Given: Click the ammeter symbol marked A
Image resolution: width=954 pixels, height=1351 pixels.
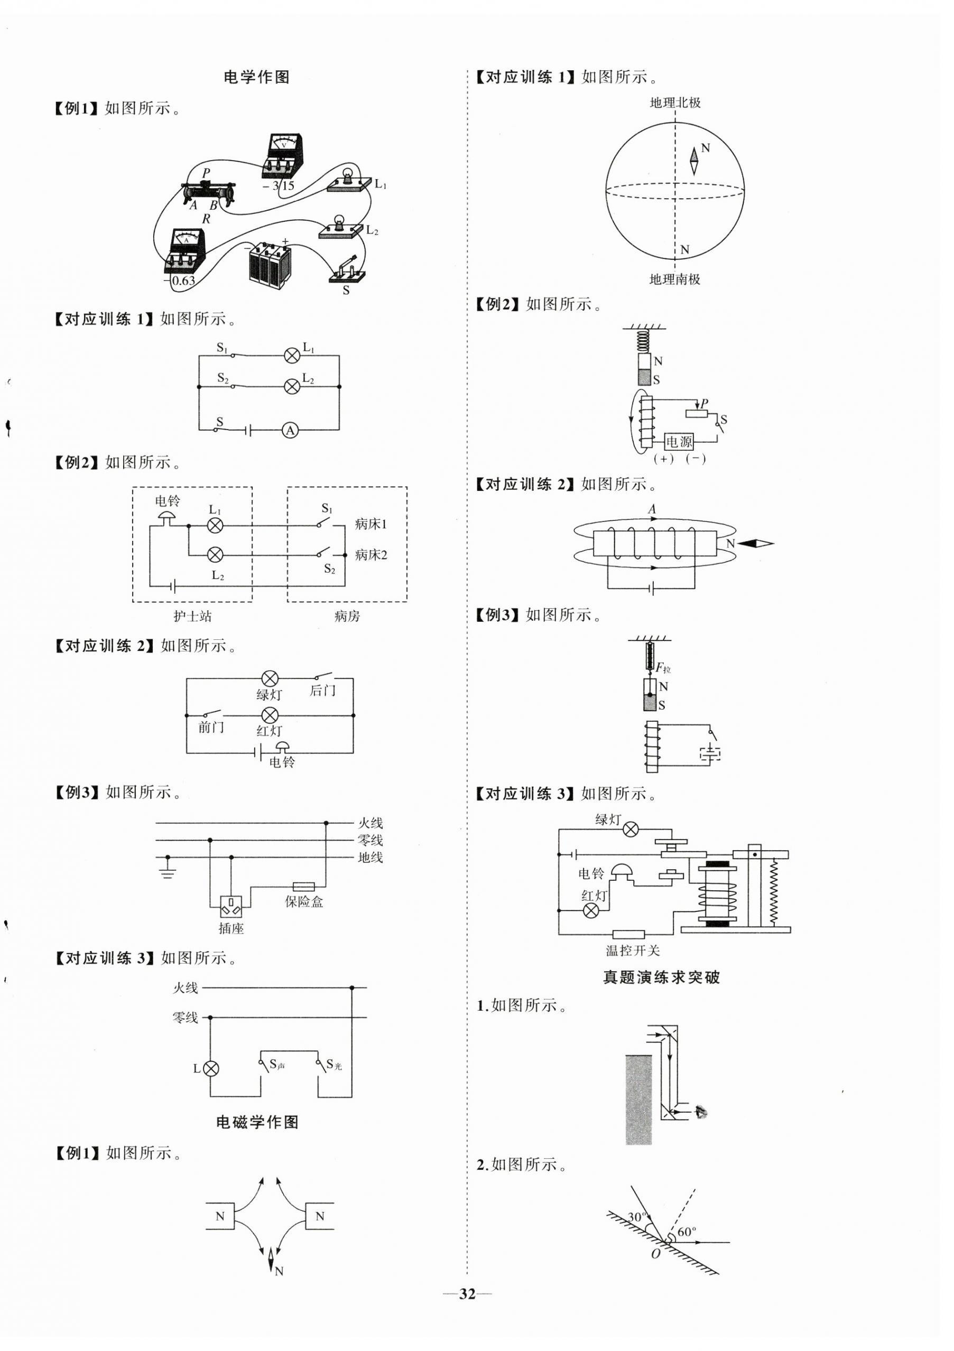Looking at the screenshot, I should tap(290, 430).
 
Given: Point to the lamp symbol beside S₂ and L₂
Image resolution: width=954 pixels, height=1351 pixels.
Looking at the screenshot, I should tap(292, 387).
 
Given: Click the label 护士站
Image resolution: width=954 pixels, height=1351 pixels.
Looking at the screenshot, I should tap(192, 616).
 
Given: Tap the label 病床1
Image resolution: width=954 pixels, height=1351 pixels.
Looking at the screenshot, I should tap(371, 524).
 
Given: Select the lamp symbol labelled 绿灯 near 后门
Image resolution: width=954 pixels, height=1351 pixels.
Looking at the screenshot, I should tap(270, 678).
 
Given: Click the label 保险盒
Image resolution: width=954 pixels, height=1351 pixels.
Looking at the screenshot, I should tap(304, 901).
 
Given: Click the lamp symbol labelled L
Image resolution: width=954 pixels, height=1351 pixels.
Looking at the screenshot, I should tap(211, 1068).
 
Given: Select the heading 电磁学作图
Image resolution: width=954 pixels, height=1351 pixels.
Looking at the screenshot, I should tap(257, 1122).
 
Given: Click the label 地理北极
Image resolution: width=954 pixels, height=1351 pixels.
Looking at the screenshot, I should tap(675, 103).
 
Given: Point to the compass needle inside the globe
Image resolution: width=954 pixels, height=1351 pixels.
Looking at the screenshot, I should tap(694, 161).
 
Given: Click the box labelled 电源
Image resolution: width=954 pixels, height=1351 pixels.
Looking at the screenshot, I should tap(679, 441).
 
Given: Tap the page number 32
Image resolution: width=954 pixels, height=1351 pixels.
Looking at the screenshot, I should tap(467, 1293).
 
